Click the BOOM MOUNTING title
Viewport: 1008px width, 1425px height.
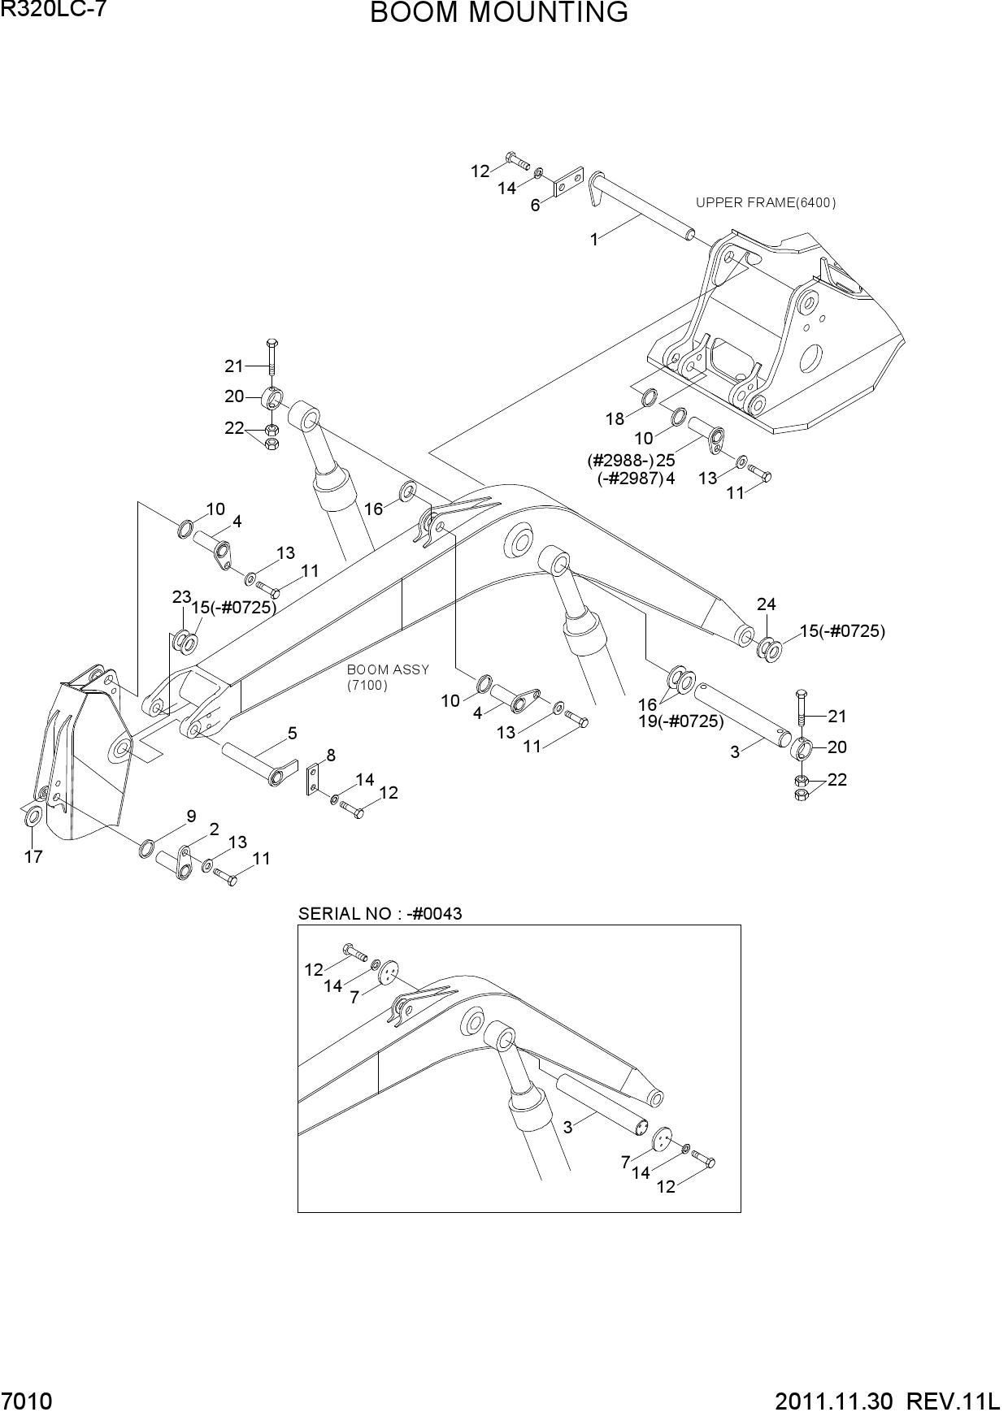click(x=499, y=13)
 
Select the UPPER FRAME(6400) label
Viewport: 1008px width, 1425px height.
click(x=765, y=202)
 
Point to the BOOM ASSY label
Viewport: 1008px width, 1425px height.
click(x=388, y=669)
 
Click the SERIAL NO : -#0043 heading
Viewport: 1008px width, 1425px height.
click(x=380, y=913)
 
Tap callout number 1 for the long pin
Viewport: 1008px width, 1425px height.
click(x=594, y=240)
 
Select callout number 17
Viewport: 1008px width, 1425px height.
click(x=33, y=856)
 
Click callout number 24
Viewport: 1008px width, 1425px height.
click(x=766, y=604)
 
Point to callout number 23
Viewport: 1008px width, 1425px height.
click(x=180, y=597)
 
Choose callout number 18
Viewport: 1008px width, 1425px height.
click(x=615, y=419)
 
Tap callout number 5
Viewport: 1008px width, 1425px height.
click(x=292, y=734)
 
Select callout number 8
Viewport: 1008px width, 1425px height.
click(x=331, y=756)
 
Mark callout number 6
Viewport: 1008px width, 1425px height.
click(x=535, y=206)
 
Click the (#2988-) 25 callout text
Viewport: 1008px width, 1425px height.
click(x=632, y=460)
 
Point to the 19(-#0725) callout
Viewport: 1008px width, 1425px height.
click(x=680, y=721)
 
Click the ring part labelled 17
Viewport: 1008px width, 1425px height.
click(x=33, y=815)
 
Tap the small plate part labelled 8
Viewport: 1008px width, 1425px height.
click(x=312, y=779)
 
